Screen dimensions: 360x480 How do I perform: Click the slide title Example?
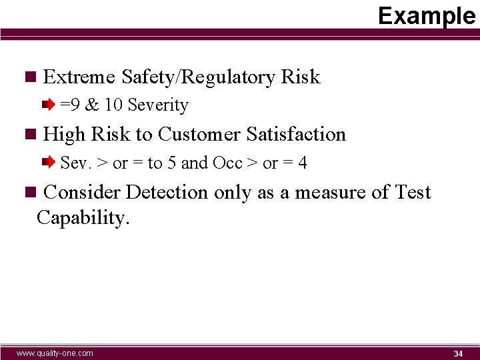point(427,15)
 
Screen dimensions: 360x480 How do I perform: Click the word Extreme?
point(79,77)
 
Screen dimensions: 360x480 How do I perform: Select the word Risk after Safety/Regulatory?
point(301,77)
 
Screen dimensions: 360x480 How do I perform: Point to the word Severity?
point(158,105)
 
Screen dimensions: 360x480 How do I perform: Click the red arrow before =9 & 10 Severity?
point(48,105)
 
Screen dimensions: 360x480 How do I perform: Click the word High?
point(64,135)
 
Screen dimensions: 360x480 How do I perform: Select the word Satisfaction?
point(296,135)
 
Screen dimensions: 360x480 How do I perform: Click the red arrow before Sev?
point(48,162)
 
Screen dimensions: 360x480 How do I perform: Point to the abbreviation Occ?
point(227,163)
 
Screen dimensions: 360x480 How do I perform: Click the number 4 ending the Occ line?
point(303,163)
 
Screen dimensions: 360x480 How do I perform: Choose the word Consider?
point(81,193)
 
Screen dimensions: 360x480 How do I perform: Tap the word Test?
point(413,193)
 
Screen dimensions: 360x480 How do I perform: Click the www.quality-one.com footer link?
point(55,353)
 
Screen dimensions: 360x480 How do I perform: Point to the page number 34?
point(458,353)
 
